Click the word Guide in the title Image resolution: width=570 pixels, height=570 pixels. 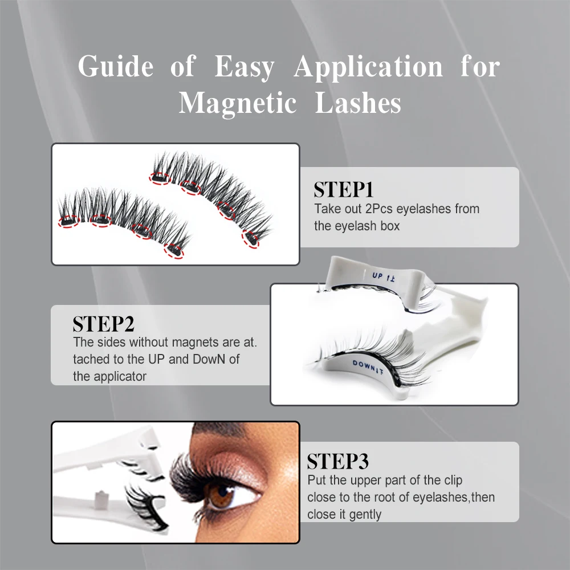(116, 67)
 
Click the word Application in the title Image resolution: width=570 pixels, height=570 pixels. (368, 67)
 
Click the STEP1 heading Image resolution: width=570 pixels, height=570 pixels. (343, 190)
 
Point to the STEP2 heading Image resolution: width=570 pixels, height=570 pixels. (103, 324)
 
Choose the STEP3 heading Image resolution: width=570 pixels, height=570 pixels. (338, 461)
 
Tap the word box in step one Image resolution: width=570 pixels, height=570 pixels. (390, 226)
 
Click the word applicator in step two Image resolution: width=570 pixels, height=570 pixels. (120, 376)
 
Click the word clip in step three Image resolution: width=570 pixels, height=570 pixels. (452, 480)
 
